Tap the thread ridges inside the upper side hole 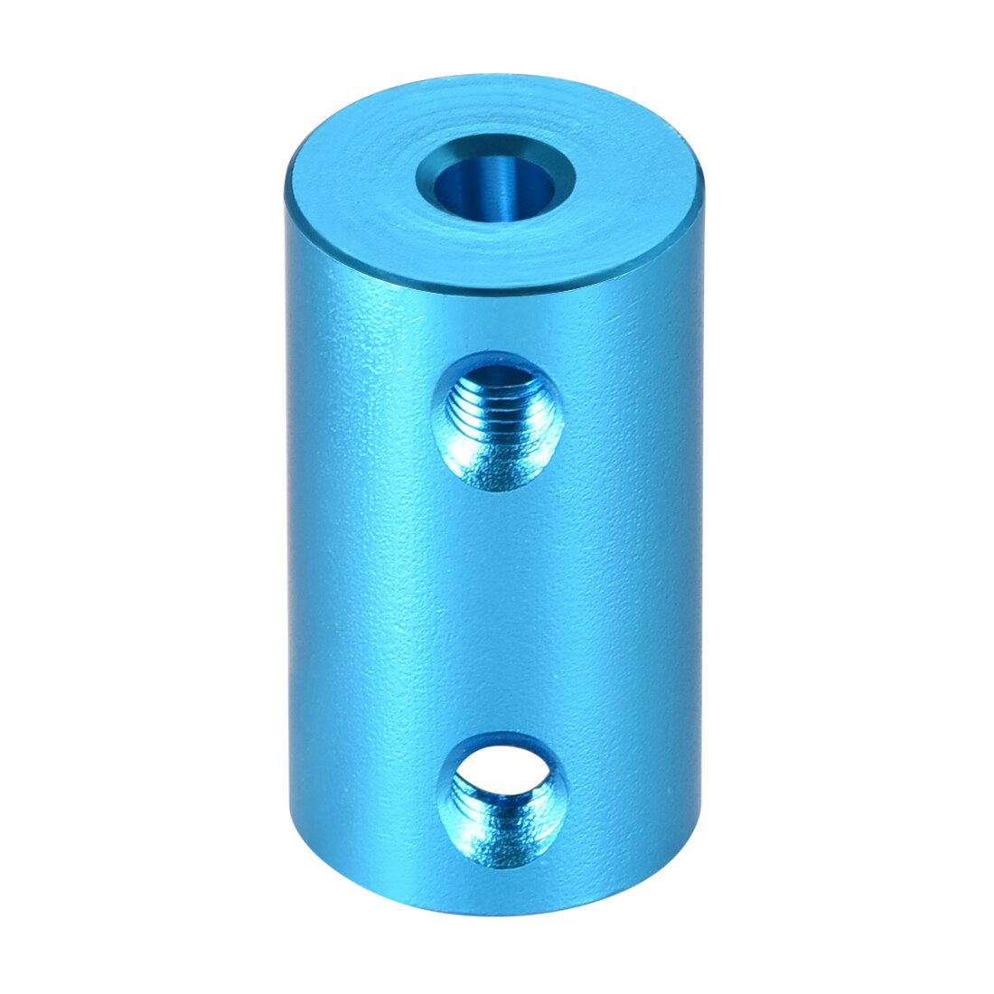(495, 411)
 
